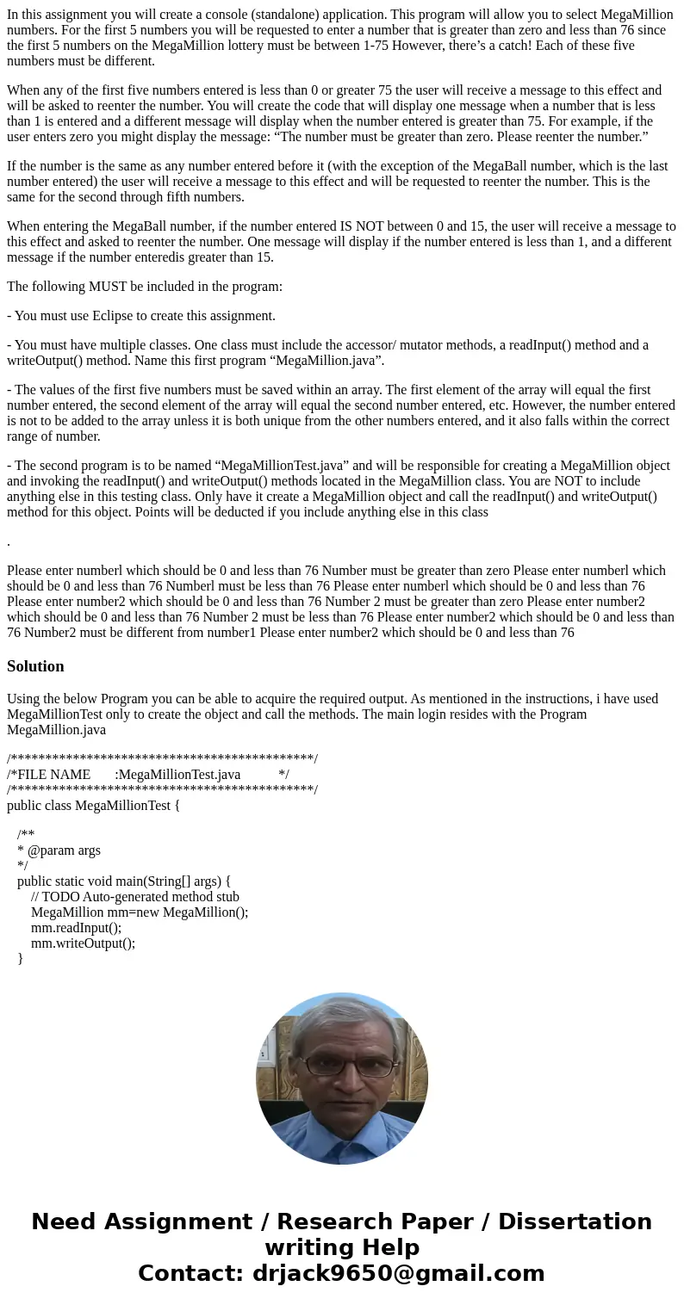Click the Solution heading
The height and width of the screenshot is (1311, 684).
tap(35, 666)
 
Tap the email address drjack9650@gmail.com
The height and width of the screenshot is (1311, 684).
tap(398, 1273)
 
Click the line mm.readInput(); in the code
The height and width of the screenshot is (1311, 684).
tap(76, 927)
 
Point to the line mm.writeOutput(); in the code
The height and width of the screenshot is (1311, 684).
tap(83, 943)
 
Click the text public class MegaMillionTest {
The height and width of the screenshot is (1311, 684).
tap(93, 805)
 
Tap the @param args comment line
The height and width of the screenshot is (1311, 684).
tap(60, 850)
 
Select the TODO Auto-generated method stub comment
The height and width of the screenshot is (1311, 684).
tap(134, 896)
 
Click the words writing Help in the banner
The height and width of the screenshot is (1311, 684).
tap(342, 1247)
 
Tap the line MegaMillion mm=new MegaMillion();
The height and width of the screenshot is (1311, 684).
tap(140, 912)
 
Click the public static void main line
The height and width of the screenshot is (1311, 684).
tap(124, 881)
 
